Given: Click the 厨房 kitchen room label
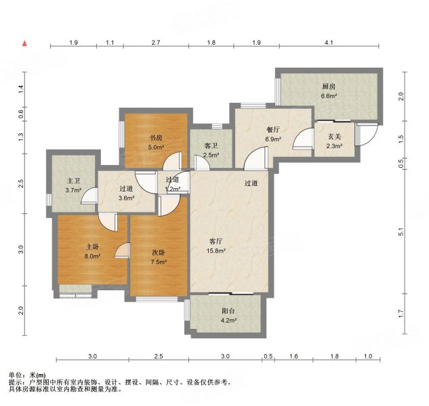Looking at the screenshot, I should pyautogui.click(x=329, y=87).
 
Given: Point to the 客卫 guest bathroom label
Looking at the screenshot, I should pyautogui.click(x=211, y=145).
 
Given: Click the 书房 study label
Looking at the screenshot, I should pyautogui.click(x=156, y=137).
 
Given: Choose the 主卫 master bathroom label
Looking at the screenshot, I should pyautogui.click(x=74, y=181).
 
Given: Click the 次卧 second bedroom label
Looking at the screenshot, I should pyautogui.click(x=158, y=252).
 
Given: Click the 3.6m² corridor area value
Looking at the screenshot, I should pyautogui.click(x=127, y=198).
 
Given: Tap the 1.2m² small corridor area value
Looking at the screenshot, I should pyautogui.click(x=173, y=189).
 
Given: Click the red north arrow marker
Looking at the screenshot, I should pyautogui.click(x=25, y=44).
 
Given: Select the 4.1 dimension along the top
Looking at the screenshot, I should pyautogui.click(x=329, y=43).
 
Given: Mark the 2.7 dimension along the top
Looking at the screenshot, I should pyautogui.click(x=155, y=43).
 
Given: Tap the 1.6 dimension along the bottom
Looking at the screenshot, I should pyautogui.click(x=294, y=356).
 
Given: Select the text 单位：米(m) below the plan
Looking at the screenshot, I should pyautogui.click(x=27, y=375).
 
